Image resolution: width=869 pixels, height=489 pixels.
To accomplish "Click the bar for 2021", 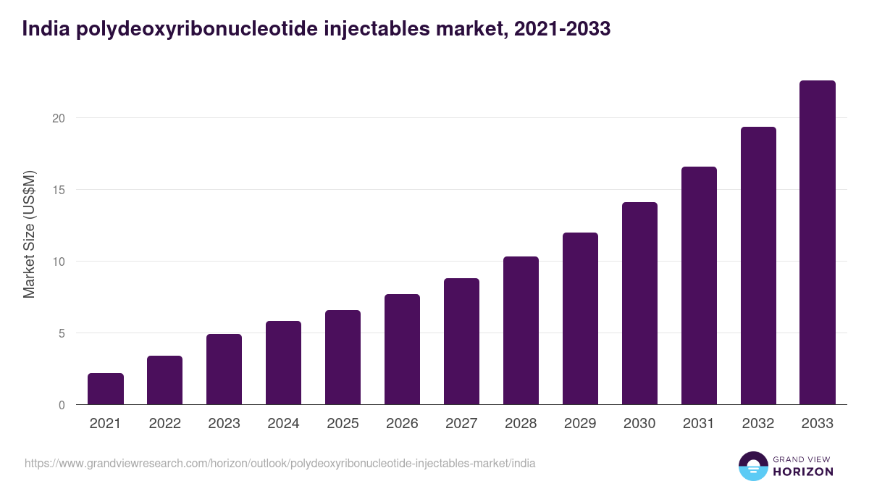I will tap(106, 389).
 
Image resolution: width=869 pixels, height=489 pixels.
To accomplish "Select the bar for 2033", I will tap(818, 243).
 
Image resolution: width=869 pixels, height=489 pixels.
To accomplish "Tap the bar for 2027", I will tap(461, 341).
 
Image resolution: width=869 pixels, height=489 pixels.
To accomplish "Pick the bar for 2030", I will tap(639, 304).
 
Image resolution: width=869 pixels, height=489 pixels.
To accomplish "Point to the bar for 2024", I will tap(283, 363).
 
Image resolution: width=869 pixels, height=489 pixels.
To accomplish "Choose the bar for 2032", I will tap(758, 266).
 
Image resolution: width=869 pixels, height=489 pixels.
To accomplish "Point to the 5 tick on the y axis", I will tap(62, 333).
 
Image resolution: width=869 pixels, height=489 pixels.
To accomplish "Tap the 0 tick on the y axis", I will tap(62, 405).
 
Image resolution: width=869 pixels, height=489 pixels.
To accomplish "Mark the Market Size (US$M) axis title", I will tap(30, 233).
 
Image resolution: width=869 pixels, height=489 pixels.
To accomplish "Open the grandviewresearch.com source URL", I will tap(280, 463).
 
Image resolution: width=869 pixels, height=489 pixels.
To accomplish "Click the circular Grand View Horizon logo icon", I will tap(753, 466).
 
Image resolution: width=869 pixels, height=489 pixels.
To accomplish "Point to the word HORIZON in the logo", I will tap(802, 472).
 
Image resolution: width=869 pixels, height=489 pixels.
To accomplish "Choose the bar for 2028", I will tap(521, 330).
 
